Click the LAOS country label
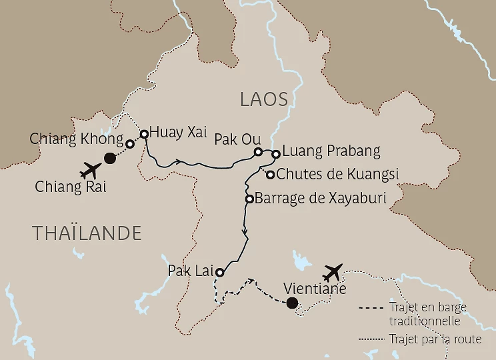[264, 100]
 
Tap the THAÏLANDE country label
[87, 233]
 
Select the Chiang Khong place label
[76, 139]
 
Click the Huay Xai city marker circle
[144, 133]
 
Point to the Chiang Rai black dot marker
[111, 158]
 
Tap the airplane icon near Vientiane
[332, 272]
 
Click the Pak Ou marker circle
[259, 152]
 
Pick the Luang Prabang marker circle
[275, 155]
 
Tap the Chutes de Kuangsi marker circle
[271, 175]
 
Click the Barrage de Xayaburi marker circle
[249, 199]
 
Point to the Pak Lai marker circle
[219, 272]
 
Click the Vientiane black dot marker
[291, 304]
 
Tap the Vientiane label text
[315, 289]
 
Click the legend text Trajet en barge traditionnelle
[427, 313]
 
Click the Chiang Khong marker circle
[130, 143]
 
